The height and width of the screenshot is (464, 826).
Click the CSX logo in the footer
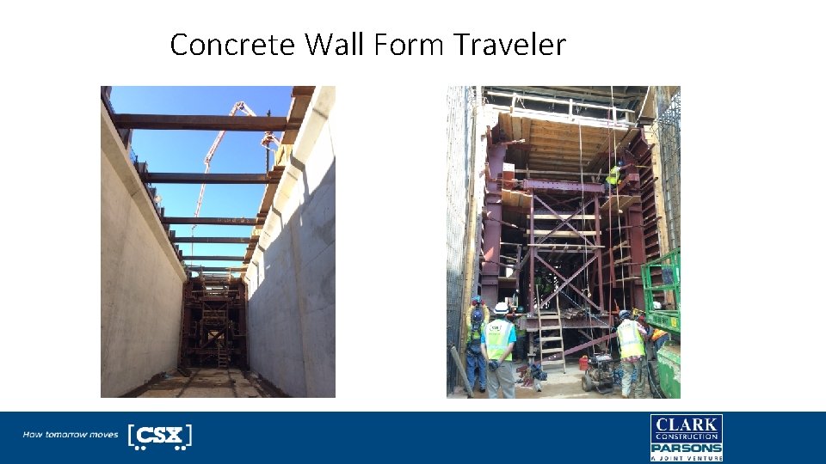(159, 436)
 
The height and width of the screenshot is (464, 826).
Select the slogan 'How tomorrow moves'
(70, 435)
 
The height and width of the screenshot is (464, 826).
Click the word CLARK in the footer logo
(686, 424)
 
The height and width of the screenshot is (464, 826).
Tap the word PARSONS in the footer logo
(686, 448)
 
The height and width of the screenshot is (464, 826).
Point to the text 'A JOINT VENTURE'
(686, 459)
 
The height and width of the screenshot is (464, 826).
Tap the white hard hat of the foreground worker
(500, 308)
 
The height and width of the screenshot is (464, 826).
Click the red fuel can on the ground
(585, 362)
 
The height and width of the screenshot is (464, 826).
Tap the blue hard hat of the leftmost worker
(476, 301)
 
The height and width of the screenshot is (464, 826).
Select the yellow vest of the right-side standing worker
(630, 339)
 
